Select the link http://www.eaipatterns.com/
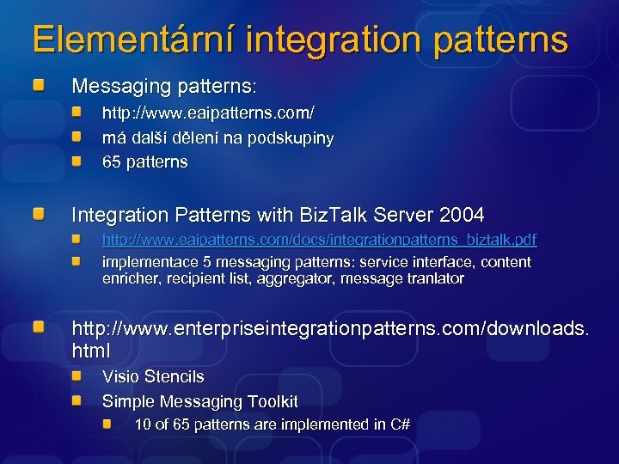coord(208,113)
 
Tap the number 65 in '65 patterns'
coord(111,162)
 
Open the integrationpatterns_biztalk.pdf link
coord(319,238)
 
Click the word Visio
coord(121,376)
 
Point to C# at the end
coord(400,424)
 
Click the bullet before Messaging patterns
coord(40,87)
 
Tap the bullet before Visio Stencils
coord(77,376)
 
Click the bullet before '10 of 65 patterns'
coord(107,424)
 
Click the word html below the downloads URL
coord(91,350)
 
